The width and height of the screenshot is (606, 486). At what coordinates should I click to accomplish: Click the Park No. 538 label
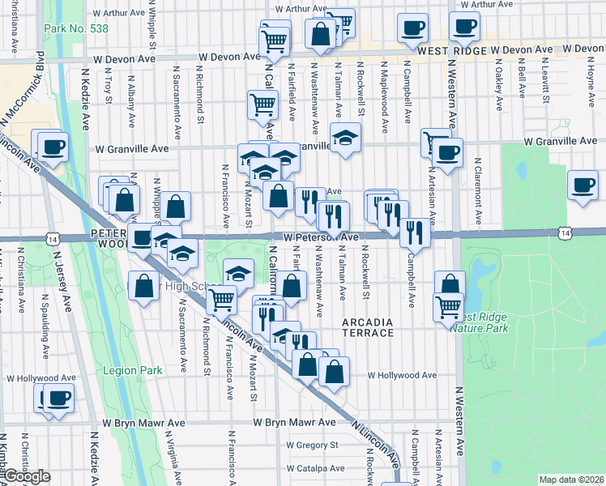(x=77, y=28)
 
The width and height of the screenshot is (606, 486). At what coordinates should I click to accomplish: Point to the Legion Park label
(x=133, y=370)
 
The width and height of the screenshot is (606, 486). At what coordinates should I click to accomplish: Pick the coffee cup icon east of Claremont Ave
(x=583, y=185)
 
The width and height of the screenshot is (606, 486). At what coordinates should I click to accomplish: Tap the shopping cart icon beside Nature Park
(x=448, y=306)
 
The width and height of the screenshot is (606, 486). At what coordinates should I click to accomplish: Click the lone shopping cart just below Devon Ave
(x=262, y=105)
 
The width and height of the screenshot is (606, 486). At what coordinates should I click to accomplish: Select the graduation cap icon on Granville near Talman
(x=344, y=137)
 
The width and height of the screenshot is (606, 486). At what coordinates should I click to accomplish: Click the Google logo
(x=27, y=477)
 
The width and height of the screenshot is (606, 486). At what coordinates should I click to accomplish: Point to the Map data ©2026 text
(x=572, y=480)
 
